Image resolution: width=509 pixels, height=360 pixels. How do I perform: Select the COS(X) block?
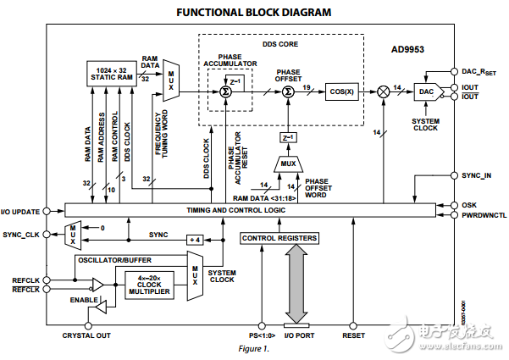click(340, 90)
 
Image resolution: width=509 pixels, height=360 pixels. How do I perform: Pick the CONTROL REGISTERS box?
click(279, 239)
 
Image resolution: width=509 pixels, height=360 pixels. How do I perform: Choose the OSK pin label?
click(468, 204)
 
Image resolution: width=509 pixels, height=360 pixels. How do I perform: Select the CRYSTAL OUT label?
click(87, 336)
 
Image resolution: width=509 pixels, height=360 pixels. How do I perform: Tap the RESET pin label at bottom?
click(353, 336)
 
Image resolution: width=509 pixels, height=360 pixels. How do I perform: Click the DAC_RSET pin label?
click(479, 72)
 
